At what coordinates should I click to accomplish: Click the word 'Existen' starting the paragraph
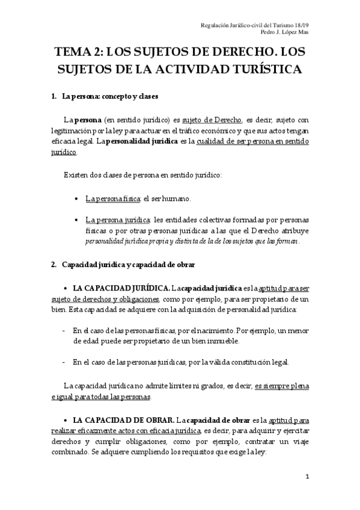coord(77,175)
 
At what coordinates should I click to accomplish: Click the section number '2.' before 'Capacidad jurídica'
coord(55,265)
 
